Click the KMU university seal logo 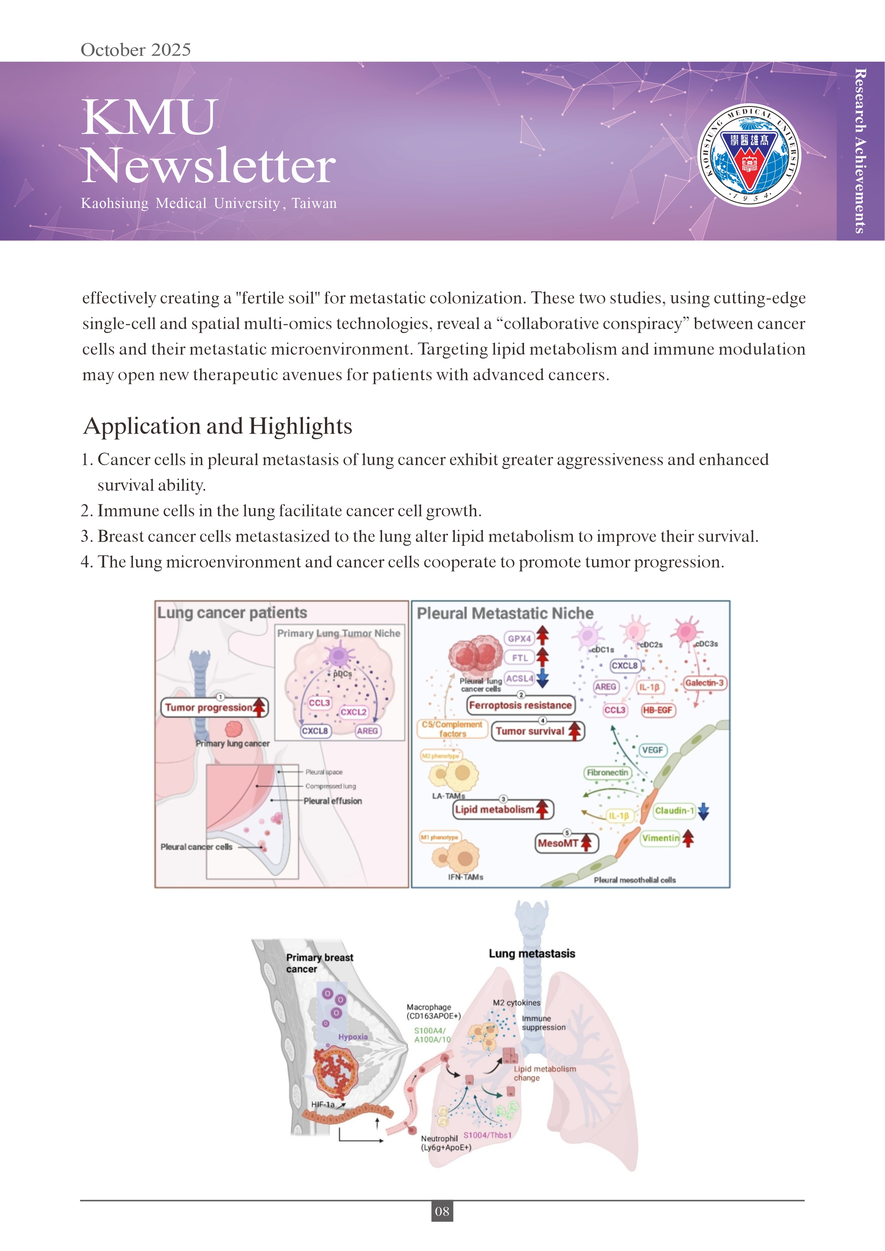pos(749,155)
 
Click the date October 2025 pos(136,50)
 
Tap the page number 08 pos(442,1211)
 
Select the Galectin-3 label pos(704,683)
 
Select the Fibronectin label pos(607,772)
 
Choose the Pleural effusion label pos(332,800)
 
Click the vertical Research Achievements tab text pos(860,151)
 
